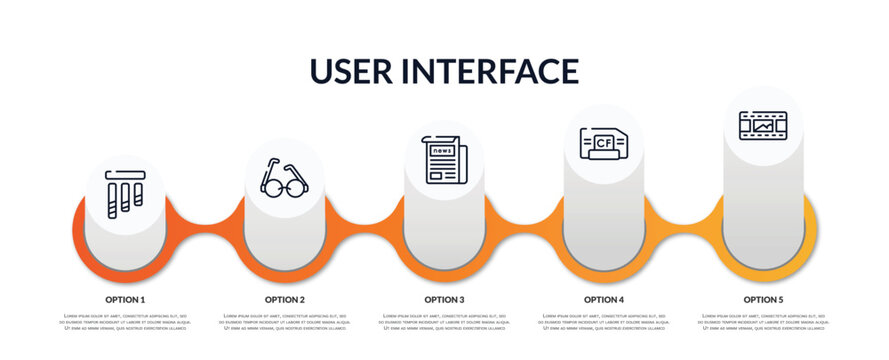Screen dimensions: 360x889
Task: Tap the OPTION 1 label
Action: pos(125,299)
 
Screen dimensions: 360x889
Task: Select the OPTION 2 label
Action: pos(285,299)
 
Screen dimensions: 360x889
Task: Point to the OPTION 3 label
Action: pos(444,299)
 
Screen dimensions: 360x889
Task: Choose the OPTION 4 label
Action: pos(604,299)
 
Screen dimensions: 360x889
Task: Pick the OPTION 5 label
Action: pos(763,299)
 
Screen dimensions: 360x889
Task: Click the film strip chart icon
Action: pos(763,126)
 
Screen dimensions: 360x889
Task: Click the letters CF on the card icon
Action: pos(603,143)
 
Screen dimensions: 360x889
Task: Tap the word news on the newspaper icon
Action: pos(443,151)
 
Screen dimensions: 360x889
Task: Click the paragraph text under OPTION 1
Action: pos(125,323)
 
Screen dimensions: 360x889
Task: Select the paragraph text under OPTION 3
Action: pos(444,323)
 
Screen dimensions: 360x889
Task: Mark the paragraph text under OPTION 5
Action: pos(763,323)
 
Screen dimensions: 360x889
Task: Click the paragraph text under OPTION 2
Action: pos(285,323)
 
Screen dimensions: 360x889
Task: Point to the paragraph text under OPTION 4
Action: pos(604,323)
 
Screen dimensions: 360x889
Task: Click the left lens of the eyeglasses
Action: pos(271,184)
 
